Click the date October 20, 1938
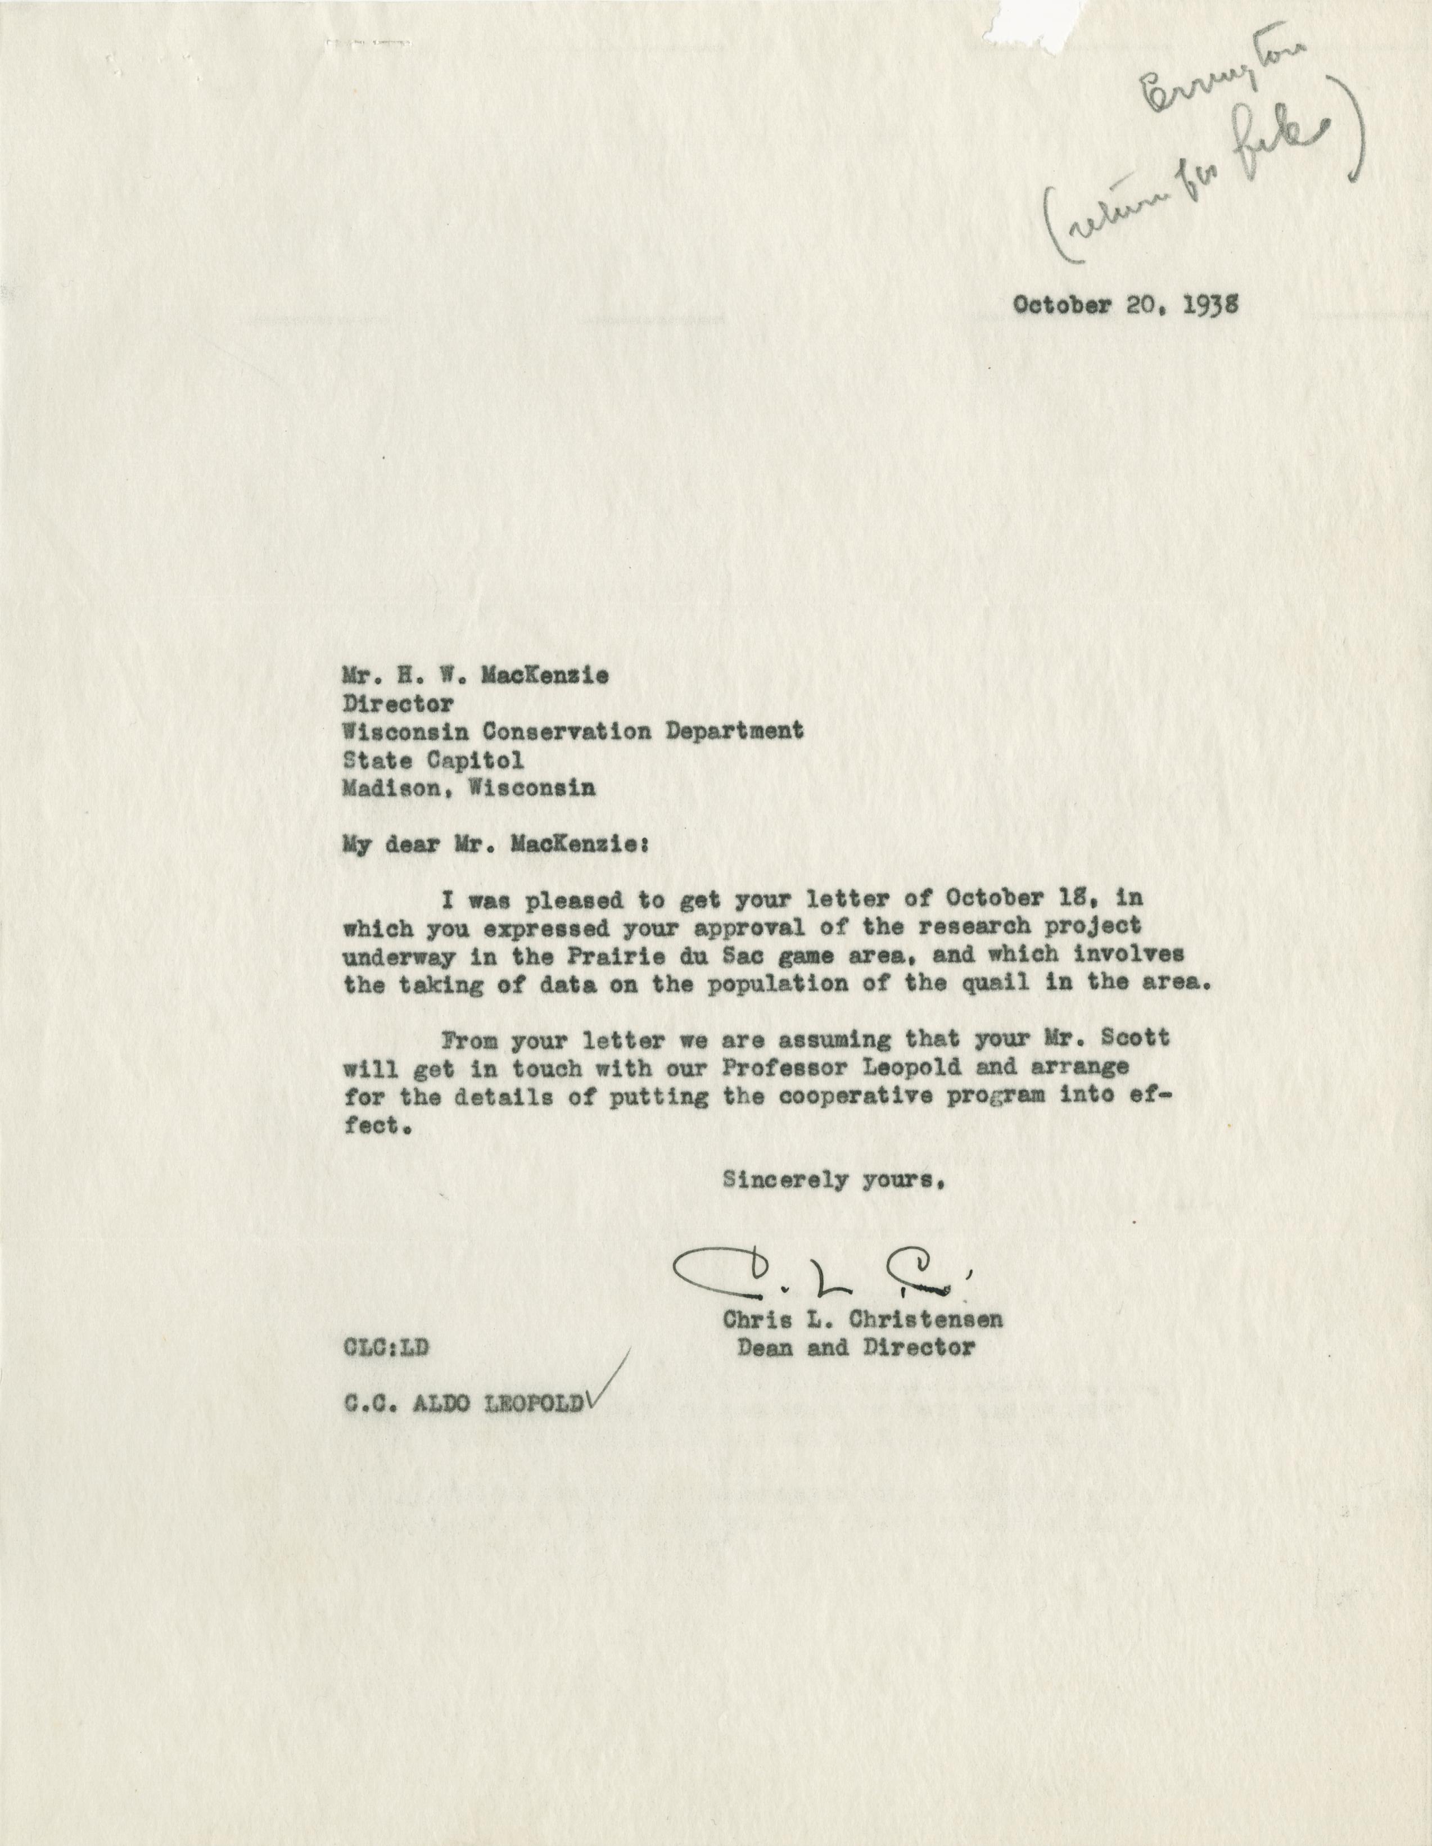[1126, 306]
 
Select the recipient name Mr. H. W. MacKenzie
[475, 675]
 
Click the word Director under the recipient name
[397, 703]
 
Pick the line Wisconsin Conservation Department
[572, 731]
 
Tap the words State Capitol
[433, 759]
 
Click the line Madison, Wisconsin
[468, 788]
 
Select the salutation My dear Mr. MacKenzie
[495, 845]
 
